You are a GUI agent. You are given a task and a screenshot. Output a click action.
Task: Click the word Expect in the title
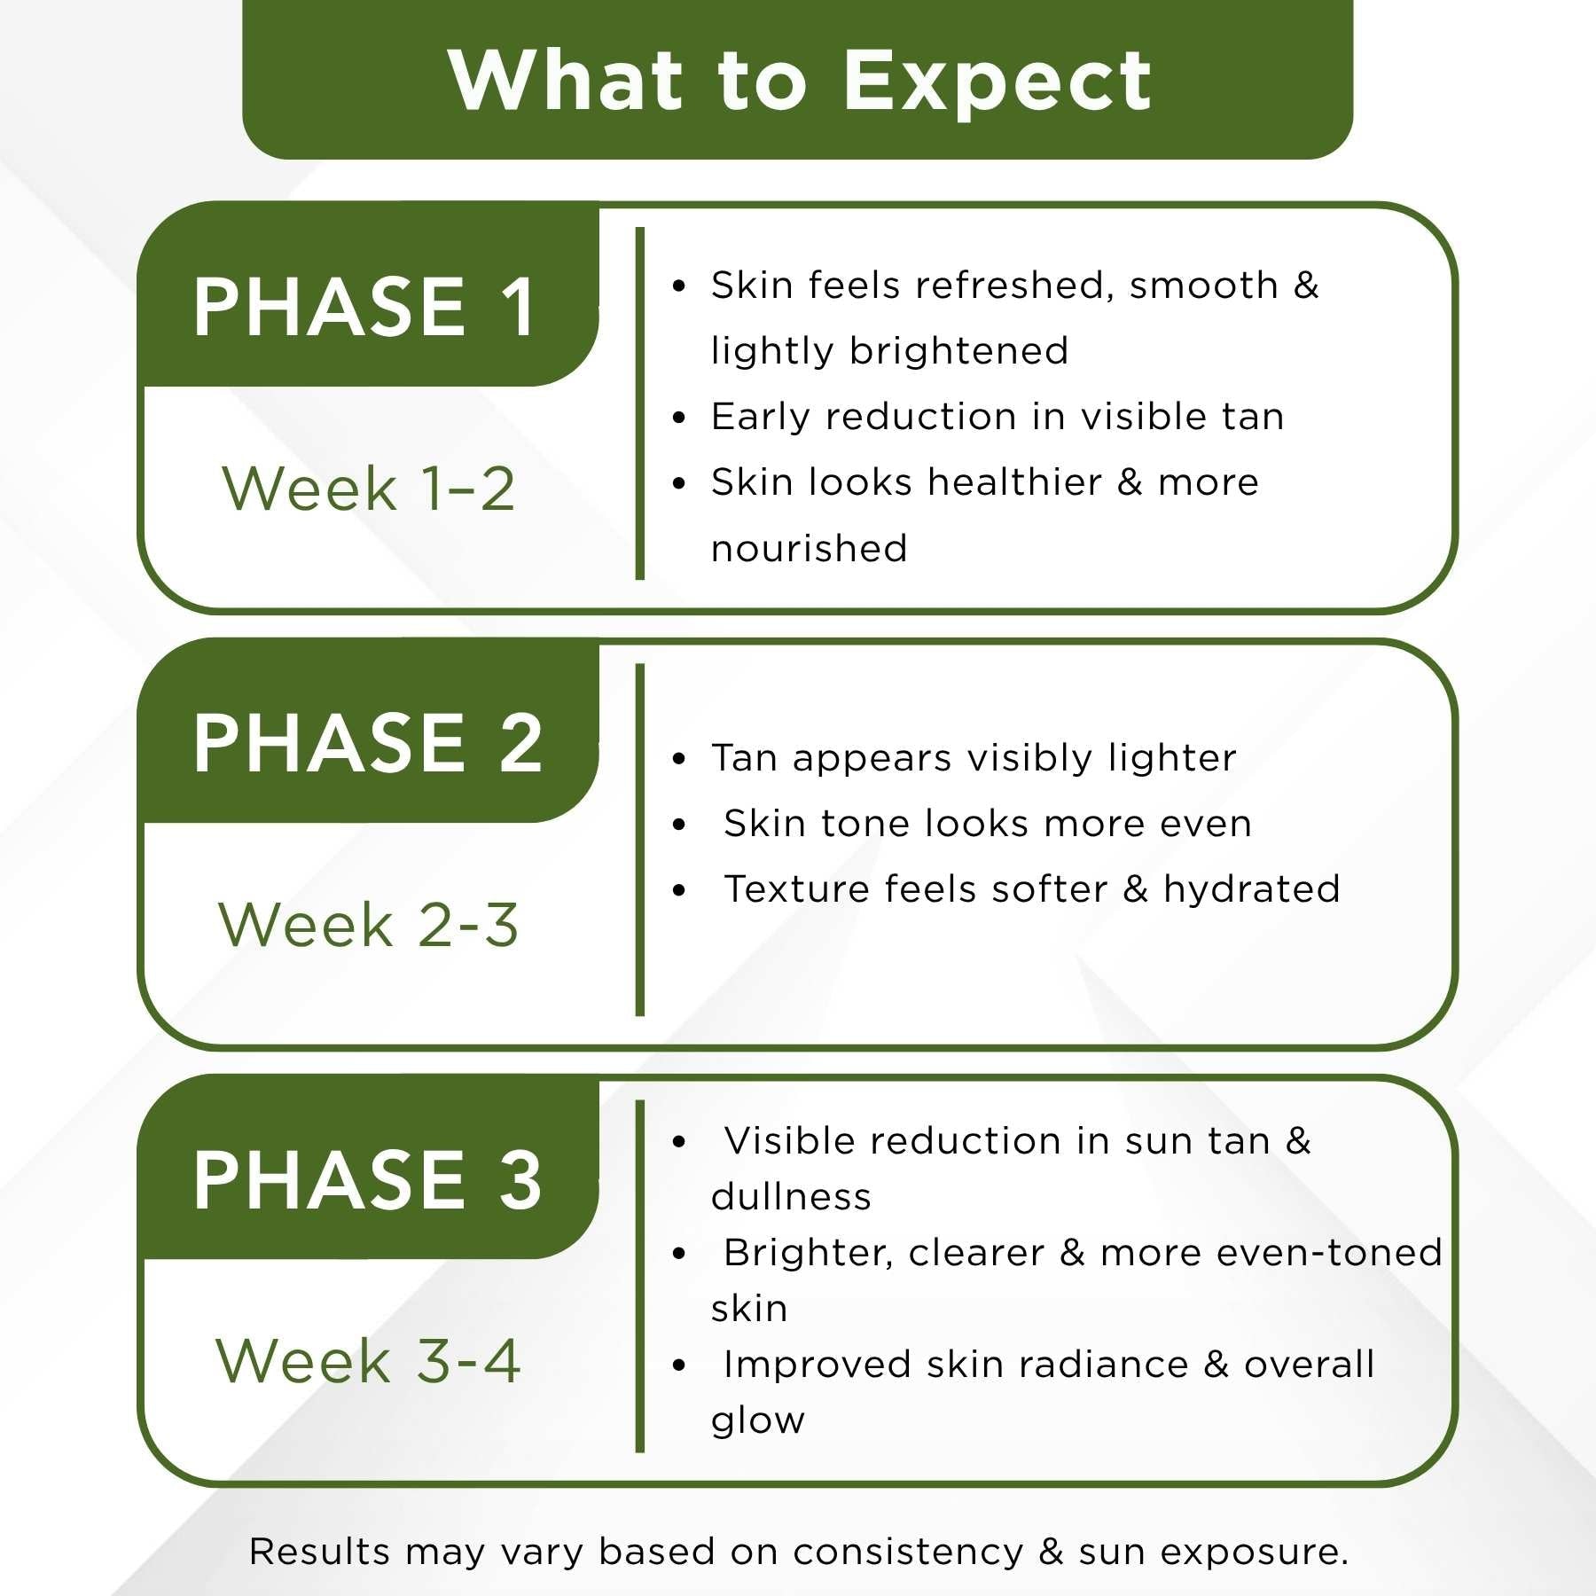pos(997,82)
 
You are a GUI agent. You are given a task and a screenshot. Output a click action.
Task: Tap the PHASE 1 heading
pos(364,307)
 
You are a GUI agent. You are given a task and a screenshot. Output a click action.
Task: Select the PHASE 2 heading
pos(367,743)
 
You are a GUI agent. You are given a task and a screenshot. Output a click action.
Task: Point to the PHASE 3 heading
pos(367,1179)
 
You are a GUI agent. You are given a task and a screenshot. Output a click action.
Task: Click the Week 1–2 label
pos(368,489)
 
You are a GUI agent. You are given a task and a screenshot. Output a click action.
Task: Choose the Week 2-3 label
pos(368,925)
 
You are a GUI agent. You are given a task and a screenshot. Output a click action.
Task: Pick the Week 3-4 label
pos(368,1361)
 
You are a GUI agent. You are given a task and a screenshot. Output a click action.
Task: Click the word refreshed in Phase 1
pos(1014,286)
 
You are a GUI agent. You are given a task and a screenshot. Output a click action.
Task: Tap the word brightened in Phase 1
pos(958,352)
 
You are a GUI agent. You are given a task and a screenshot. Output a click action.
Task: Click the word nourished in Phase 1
pos(810,549)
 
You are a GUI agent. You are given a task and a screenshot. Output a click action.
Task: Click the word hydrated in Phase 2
pos(1252,889)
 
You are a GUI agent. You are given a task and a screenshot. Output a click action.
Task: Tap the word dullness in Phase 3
pos(791,1197)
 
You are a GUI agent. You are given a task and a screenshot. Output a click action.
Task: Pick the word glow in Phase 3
pos(758,1421)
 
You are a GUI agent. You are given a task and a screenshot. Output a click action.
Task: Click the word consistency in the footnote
pos(908,1553)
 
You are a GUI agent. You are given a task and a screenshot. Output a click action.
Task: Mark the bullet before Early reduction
pos(679,418)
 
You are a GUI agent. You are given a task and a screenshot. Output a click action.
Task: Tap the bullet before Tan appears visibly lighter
pos(679,759)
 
